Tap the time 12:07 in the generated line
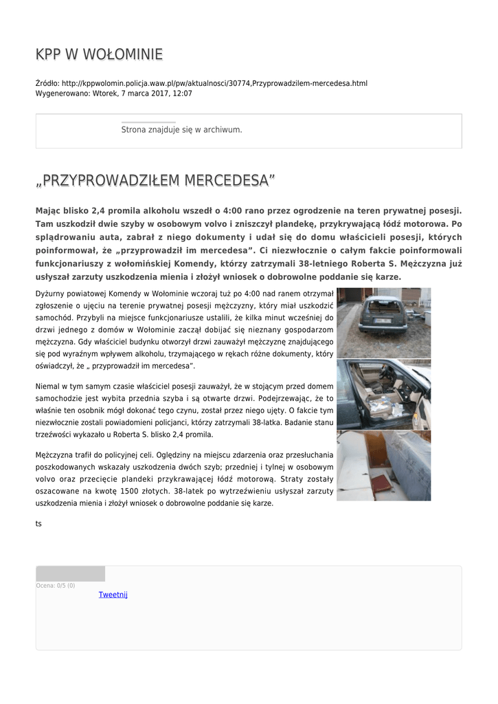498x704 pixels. (x=183, y=93)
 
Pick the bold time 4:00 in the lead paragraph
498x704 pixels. (x=236, y=211)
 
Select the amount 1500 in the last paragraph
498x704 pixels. (x=142, y=491)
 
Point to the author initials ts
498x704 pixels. (x=38, y=524)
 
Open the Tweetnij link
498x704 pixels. (x=113, y=595)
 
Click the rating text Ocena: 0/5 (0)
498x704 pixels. (x=56, y=586)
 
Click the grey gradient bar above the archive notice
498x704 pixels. (x=148, y=122)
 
